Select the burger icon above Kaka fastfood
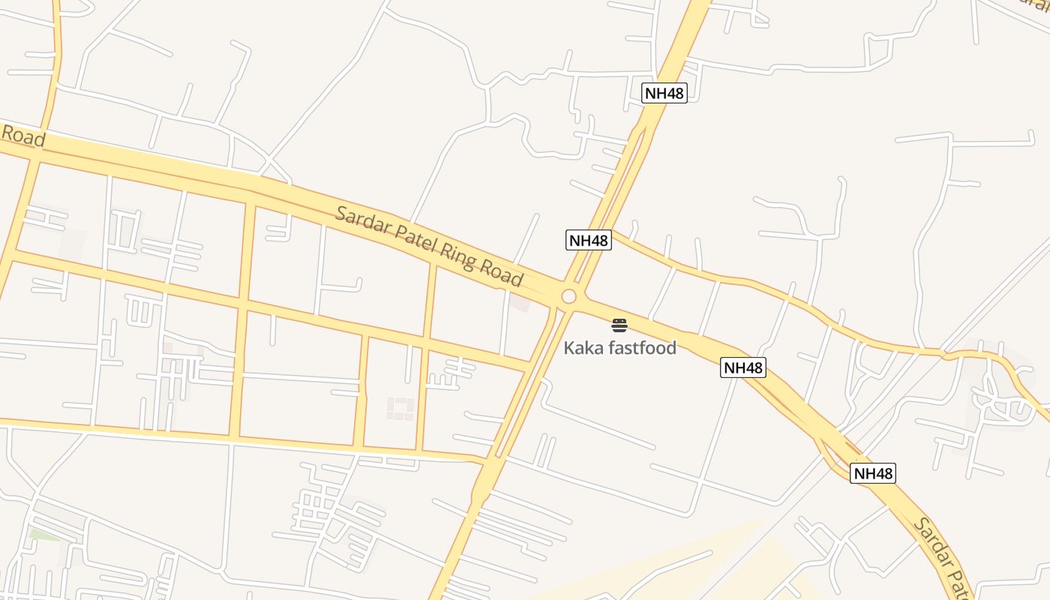pos(619,325)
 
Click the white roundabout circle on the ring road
pos(568,297)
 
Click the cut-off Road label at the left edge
pos(22,136)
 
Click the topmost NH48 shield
pos(664,93)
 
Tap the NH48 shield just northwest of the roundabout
pos(589,240)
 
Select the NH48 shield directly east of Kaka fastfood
pos(743,367)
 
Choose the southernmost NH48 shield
pos(873,473)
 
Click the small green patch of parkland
pos(43,535)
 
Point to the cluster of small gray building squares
pos(400,408)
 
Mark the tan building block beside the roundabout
pos(519,303)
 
